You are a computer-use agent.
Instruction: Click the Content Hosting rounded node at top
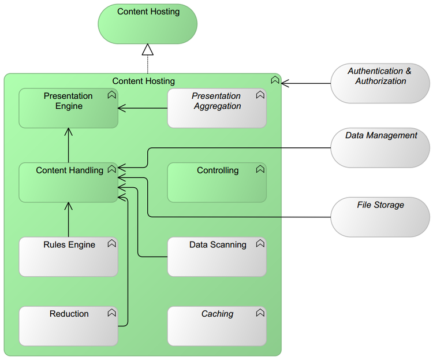[148, 24]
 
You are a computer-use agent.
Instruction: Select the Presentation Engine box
[68, 108]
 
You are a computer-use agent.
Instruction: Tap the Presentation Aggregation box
[216, 108]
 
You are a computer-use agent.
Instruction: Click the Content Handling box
[68, 183]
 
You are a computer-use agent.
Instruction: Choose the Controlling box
[216, 183]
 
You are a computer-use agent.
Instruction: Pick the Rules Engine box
[68, 257]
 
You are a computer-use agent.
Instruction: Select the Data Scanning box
[216, 257]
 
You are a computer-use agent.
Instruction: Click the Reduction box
[68, 326]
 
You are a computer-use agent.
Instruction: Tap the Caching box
[216, 326]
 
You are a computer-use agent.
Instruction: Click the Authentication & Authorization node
[380, 83]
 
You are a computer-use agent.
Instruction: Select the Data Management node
[380, 147]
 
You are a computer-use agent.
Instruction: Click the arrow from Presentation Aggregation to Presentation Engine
[143, 108]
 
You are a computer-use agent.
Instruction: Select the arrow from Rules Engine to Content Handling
[68, 220]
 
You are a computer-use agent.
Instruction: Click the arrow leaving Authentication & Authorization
[306, 83]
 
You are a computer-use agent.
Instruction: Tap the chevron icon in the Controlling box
[260, 169]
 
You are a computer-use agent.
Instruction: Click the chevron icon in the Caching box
[260, 313]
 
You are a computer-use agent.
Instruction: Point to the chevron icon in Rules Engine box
[111, 244]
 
